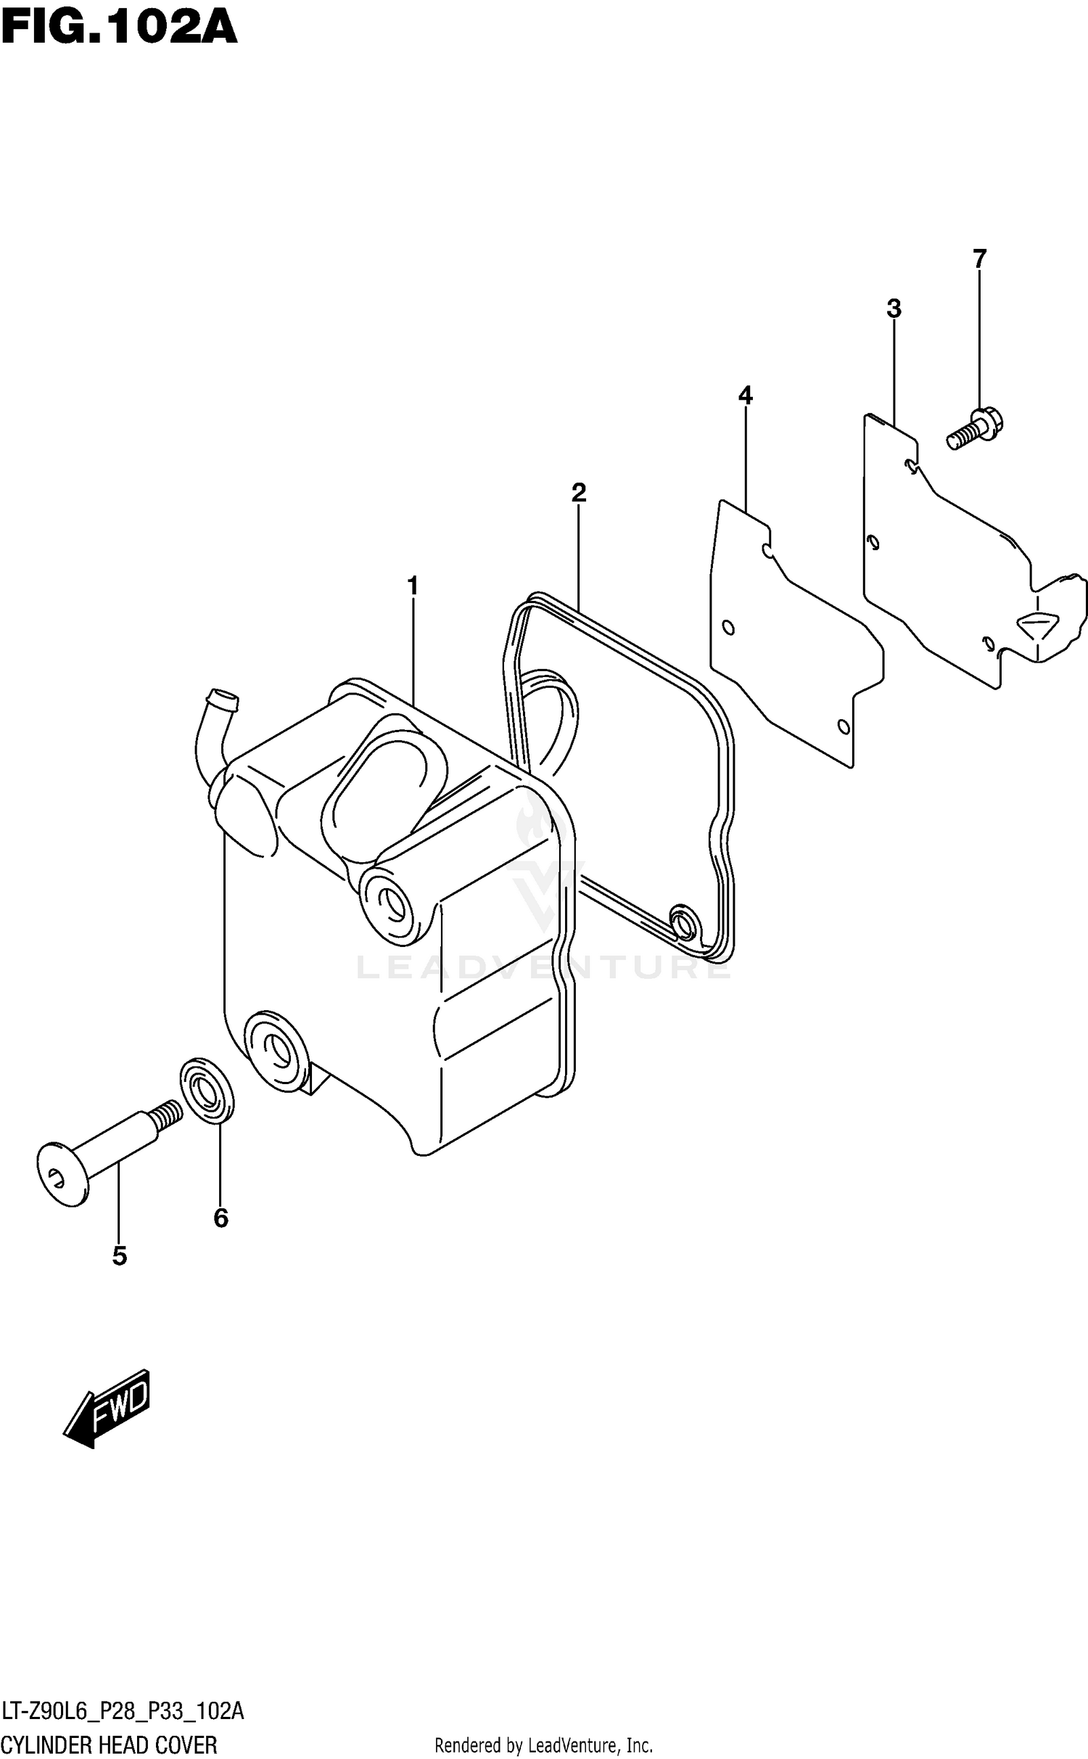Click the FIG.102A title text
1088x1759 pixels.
click(120, 29)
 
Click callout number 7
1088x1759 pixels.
click(979, 258)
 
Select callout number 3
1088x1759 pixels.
click(894, 308)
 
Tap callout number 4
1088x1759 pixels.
click(745, 395)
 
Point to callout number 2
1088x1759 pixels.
click(578, 493)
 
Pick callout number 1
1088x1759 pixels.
click(413, 586)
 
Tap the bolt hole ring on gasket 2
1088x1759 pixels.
click(683, 922)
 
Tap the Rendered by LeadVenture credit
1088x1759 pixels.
click(543, 1742)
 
